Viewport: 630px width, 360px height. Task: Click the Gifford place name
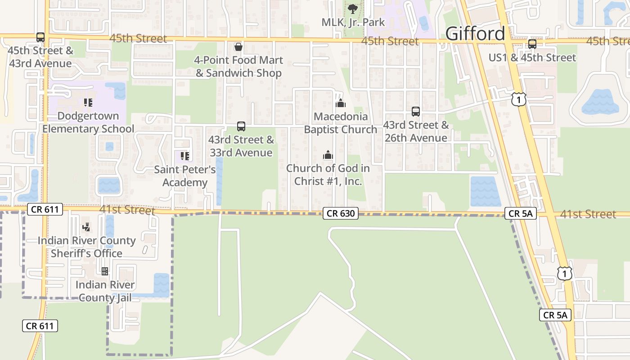(475, 34)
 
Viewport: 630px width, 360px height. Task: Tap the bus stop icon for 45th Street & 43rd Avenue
(40, 37)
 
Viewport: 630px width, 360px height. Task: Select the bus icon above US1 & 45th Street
(532, 44)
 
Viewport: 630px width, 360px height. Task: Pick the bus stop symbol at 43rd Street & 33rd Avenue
(241, 126)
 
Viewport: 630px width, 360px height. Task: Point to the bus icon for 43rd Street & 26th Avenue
(416, 112)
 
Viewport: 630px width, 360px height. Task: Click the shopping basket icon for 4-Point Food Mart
(238, 47)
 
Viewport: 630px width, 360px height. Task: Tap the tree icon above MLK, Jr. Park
(353, 9)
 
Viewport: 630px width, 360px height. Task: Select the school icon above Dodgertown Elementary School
(88, 103)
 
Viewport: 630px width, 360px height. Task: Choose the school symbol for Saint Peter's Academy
(185, 156)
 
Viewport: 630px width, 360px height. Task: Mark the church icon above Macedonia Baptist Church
(340, 103)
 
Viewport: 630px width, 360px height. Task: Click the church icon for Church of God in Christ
(328, 155)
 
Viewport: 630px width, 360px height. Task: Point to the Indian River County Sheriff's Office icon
(86, 227)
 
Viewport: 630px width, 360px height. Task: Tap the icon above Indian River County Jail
(105, 271)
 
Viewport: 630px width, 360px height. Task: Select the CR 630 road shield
(341, 214)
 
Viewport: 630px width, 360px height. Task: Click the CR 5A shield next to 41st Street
(521, 214)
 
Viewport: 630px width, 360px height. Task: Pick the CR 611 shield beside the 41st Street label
(45, 209)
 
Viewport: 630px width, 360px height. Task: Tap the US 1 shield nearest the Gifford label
(519, 99)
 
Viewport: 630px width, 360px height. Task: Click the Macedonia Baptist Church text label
(340, 123)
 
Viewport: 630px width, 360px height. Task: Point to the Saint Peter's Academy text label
(185, 176)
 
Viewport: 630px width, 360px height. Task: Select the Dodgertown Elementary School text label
(88, 122)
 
